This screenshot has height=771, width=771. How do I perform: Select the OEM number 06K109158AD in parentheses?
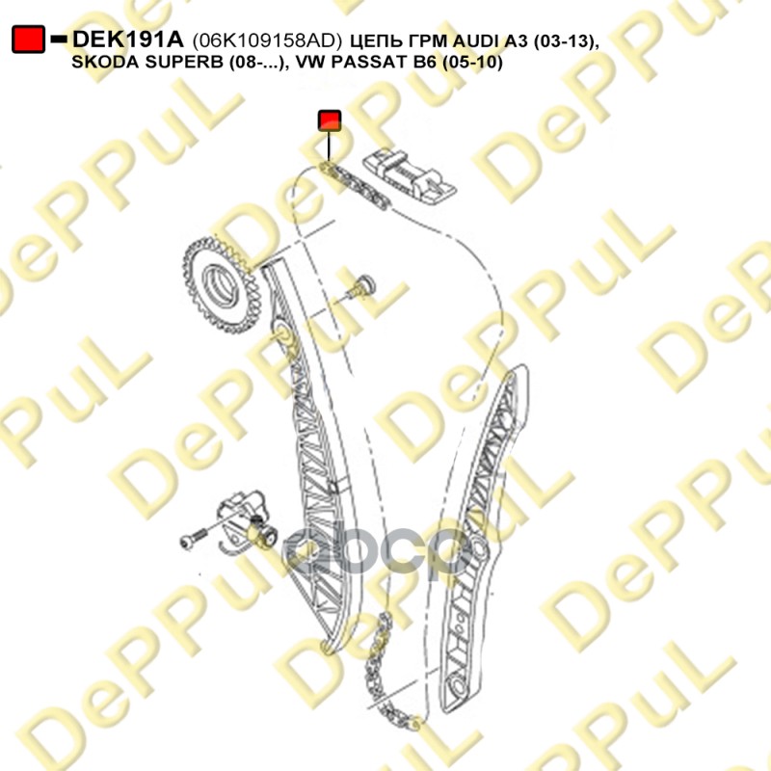point(268,40)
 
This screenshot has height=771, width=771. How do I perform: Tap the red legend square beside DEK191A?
point(28,40)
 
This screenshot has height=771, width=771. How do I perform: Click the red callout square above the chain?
point(330,120)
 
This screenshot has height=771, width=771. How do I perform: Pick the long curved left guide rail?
point(309,453)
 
